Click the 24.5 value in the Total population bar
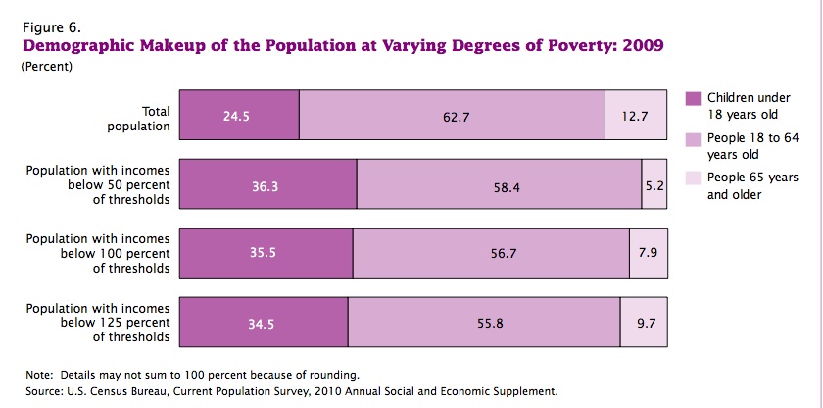(x=237, y=116)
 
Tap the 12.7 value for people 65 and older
(x=636, y=116)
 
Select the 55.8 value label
(x=489, y=323)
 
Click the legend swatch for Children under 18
(x=693, y=98)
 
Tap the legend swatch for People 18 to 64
(x=693, y=138)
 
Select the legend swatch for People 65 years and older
(x=693, y=178)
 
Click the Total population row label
(x=142, y=118)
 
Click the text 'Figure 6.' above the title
(x=49, y=27)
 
